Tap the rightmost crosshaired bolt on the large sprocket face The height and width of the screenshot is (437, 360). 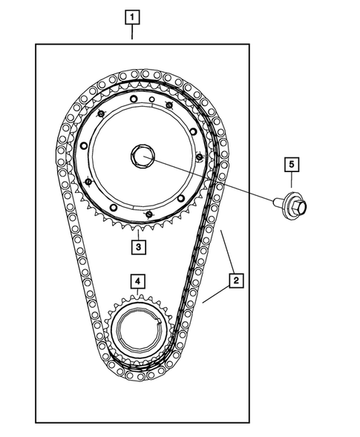click(x=200, y=157)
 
